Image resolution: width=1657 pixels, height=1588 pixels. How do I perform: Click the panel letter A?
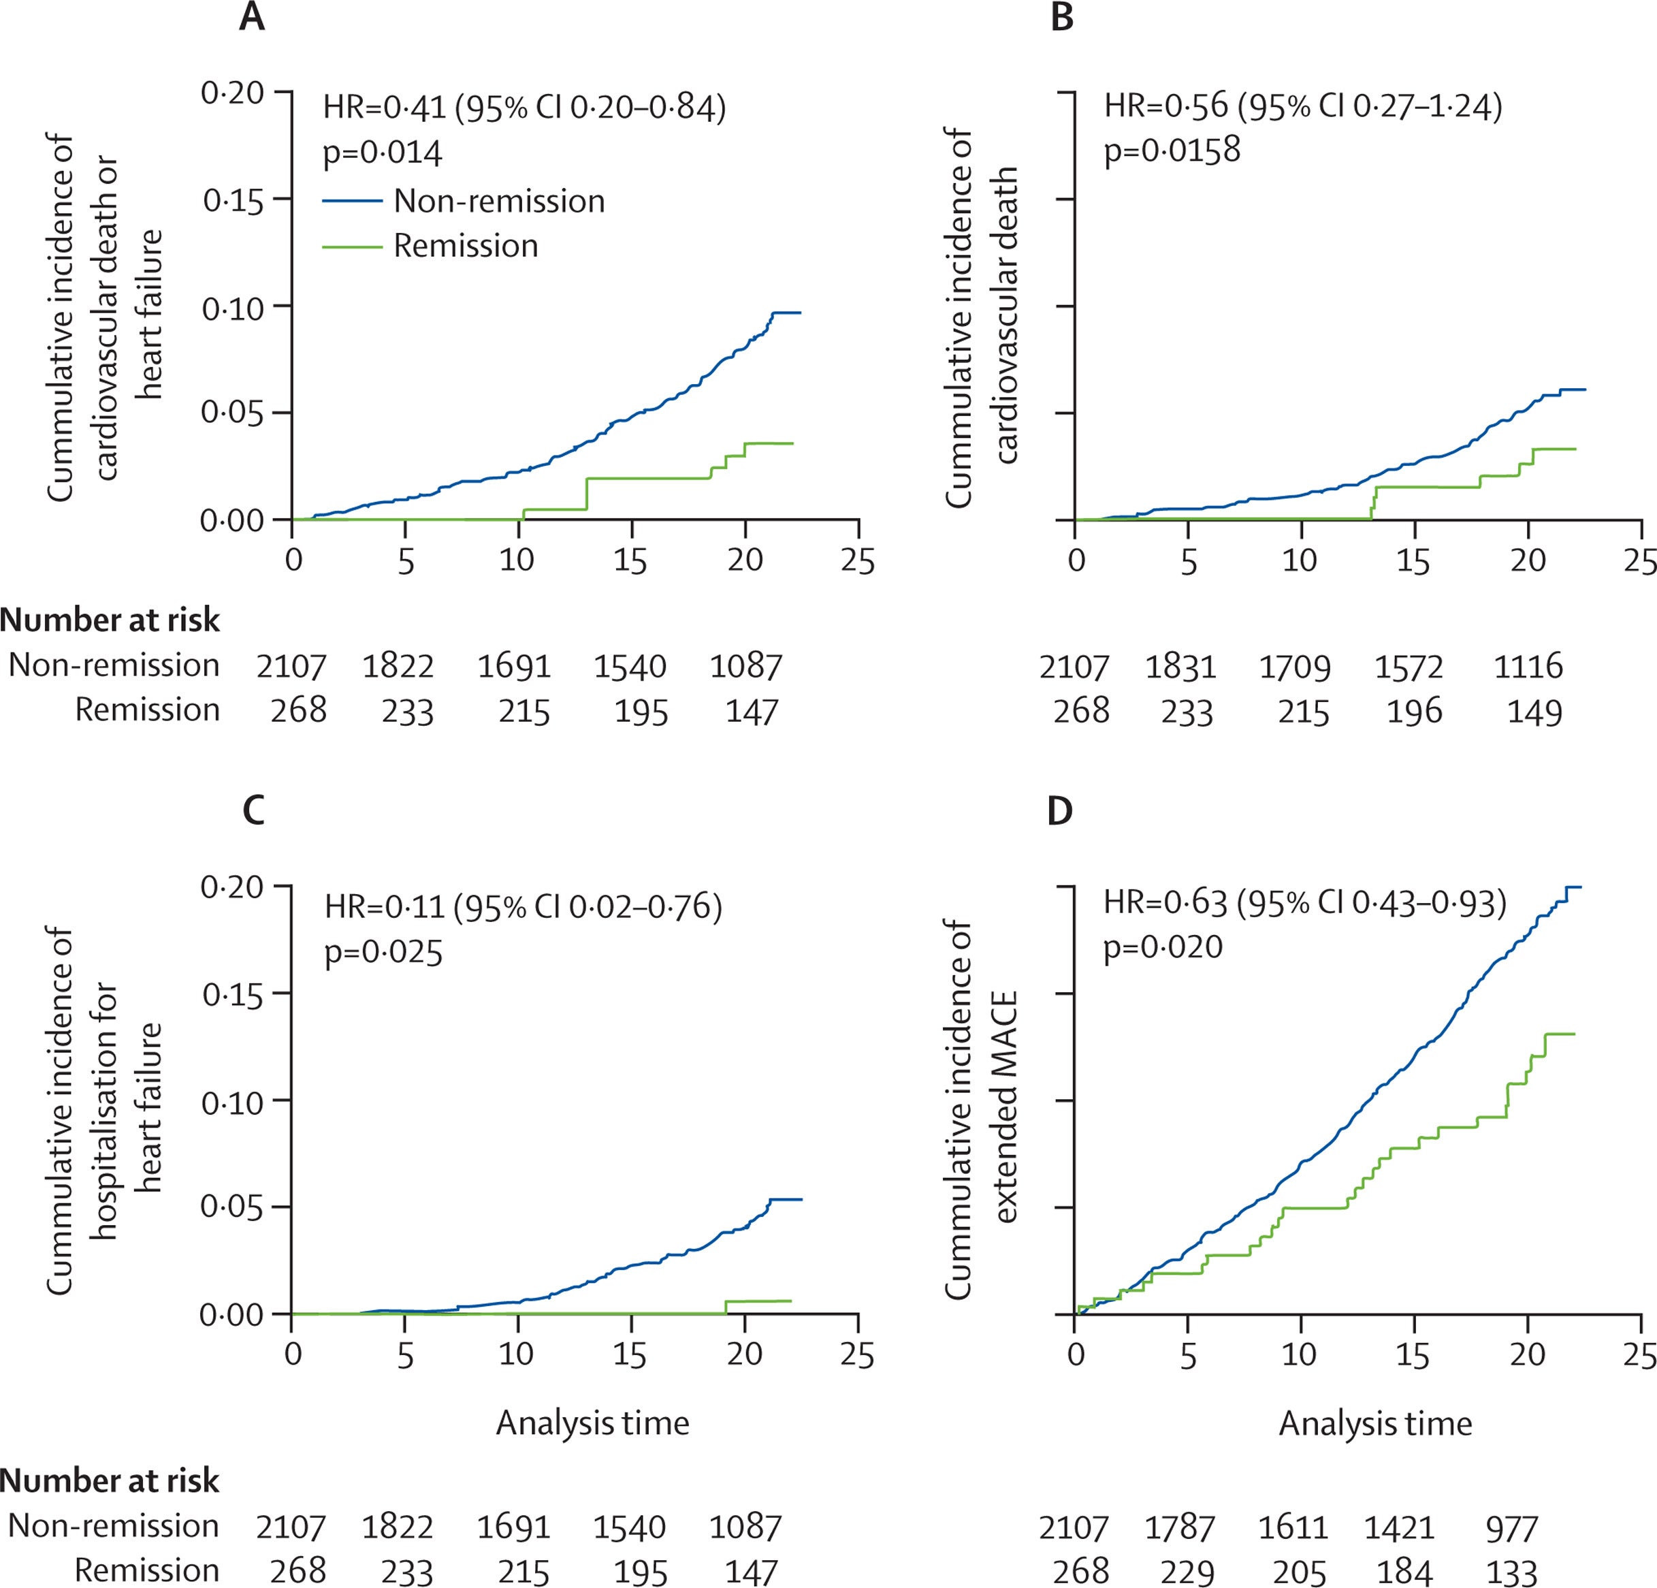(x=251, y=17)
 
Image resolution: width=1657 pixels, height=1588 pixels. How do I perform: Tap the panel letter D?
(x=1060, y=811)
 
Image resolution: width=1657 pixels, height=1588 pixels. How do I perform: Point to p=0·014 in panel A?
(x=382, y=153)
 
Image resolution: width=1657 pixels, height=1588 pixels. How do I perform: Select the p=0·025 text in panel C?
(x=384, y=953)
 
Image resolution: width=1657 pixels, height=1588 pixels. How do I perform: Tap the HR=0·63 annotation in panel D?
(x=1165, y=903)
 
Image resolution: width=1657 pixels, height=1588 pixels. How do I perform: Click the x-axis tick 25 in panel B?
(x=1640, y=562)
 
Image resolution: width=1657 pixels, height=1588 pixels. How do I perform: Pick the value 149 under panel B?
(x=1534, y=712)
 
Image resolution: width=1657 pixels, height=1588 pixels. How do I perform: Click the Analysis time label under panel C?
(x=593, y=1423)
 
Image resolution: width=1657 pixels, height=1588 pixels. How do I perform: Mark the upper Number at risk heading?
(x=110, y=620)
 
